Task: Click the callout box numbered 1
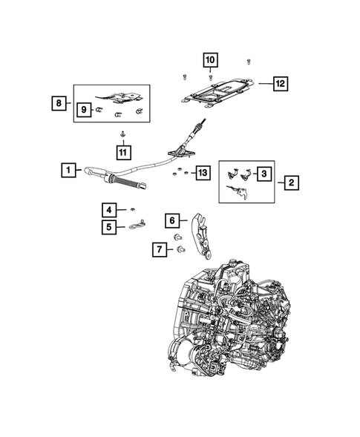pyautogui.click(x=68, y=171)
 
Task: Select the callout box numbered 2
pyautogui.click(x=292, y=181)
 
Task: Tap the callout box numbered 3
pyautogui.click(x=264, y=174)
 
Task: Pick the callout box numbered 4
pyautogui.click(x=108, y=209)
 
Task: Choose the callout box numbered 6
pyautogui.click(x=172, y=220)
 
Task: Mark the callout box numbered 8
pyautogui.click(x=59, y=103)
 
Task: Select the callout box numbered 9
pyautogui.click(x=84, y=110)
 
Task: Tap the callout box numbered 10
pyautogui.click(x=210, y=59)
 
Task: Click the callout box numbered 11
pyautogui.click(x=122, y=151)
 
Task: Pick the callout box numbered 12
pyautogui.click(x=279, y=84)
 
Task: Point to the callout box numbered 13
pyautogui.click(x=201, y=174)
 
